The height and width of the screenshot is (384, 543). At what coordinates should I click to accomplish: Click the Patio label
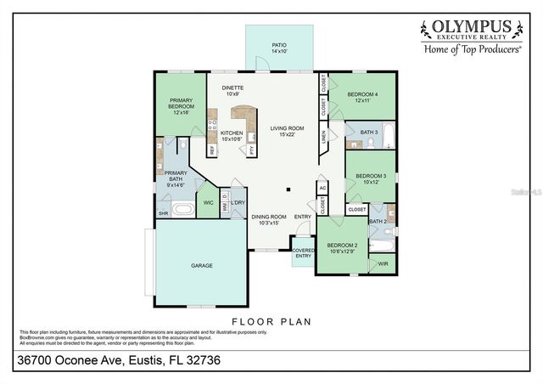[279, 48]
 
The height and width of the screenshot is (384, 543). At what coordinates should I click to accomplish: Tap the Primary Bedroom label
[181, 105]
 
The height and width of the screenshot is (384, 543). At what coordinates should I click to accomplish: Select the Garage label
[201, 266]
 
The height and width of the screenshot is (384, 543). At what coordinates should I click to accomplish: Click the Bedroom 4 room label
[362, 98]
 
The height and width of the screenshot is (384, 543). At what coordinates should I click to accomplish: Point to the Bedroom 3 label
[371, 178]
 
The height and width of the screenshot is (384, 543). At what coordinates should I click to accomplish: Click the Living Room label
[287, 132]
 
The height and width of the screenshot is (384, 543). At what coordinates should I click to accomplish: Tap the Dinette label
[232, 90]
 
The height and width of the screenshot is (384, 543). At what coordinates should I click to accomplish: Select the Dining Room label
[269, 219]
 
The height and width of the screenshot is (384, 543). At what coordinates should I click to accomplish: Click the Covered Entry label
[303, 253]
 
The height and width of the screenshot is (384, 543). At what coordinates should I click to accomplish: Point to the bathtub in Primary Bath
[182, 208]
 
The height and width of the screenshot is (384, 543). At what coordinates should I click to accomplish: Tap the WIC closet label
[208, 203]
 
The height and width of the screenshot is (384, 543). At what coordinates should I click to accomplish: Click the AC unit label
[322, 188]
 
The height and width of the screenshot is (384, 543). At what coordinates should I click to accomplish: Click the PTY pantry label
[252, 150]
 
